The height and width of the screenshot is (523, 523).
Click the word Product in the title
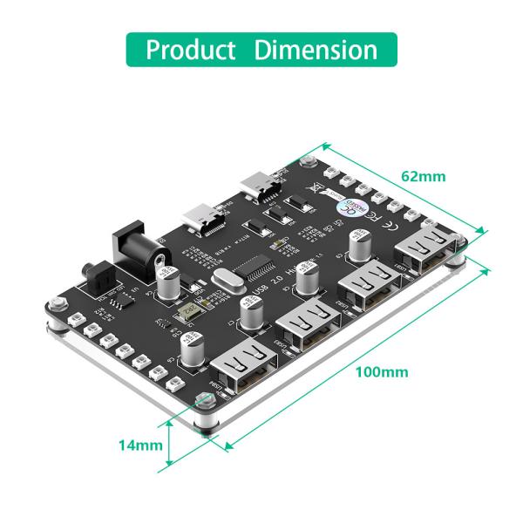click(x=191, y=49)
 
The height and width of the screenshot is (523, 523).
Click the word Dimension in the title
click(x=316, y=49)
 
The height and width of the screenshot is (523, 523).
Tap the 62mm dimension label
click(x=423, y=176)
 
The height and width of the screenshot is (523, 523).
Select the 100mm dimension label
click(x=382, y=372)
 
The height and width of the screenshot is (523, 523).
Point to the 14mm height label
click(x=140, y=445)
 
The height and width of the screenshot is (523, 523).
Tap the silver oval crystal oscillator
click(x=223, y=282)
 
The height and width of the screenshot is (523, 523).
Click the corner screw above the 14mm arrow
click(x=205, y=402)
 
